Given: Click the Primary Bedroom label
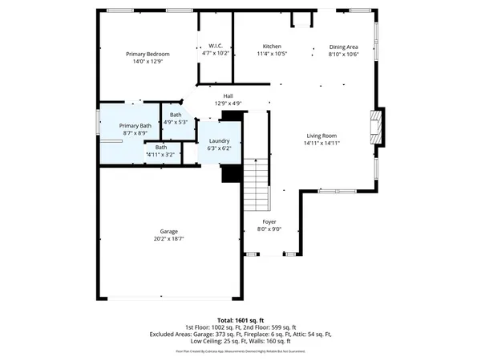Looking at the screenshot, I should [148, 54].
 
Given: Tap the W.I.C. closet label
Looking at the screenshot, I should [215, 46].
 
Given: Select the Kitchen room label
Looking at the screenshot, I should [273, 46].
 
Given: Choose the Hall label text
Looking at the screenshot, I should [228, 96].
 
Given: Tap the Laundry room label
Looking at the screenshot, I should [219, 141].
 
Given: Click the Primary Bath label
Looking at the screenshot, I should [135, 126].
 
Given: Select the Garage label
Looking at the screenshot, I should [168, 232].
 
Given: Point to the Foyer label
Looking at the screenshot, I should [269, 222].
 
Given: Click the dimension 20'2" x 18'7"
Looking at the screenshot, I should [168, 239].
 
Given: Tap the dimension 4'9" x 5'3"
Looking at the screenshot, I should [176, 122].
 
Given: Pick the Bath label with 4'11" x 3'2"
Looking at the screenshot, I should [161, 147].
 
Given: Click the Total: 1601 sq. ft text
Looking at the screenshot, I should [240, 320].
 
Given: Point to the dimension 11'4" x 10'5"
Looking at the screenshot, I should [273, 54].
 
